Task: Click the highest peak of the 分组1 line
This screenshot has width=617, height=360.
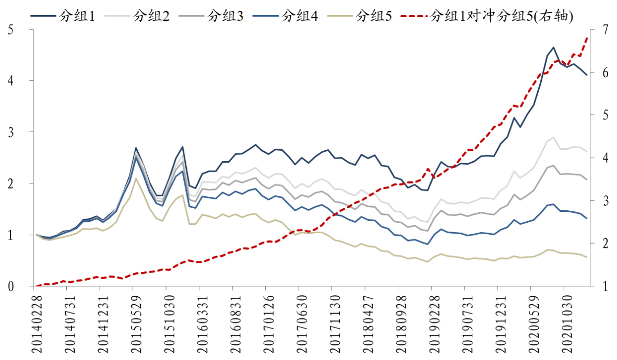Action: (553, 47)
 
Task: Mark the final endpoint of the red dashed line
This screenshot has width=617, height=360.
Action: (587, 38)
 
